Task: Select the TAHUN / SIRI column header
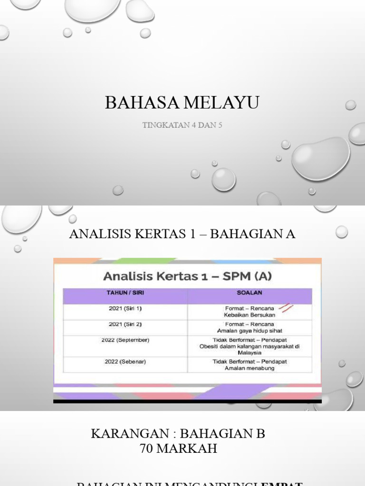(x=125, y=293)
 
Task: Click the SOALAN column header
(x=250, y=293)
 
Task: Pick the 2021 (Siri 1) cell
(x=125, y=308)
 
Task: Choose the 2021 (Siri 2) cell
(x=125, y=324)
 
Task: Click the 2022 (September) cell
(x=125, y=340)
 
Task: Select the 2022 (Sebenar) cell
(x=125, y=362)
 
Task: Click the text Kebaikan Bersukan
(x=250, y=315)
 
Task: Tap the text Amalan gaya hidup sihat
(x=250, y=331)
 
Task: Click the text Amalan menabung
(x=250, y=368)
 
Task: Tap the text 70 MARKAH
(x=178, y=448)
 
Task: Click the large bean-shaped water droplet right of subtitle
(x=321, y=158)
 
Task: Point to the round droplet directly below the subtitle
(x=223, y=179)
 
